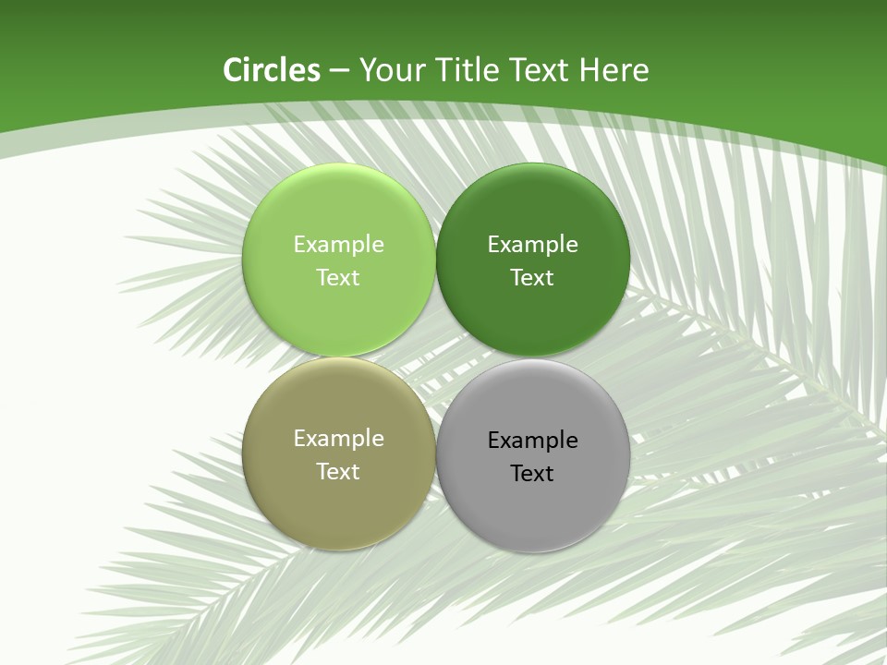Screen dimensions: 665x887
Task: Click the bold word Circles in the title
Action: (x=272, y=70)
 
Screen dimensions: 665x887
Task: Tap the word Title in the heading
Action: (x=465, y=70)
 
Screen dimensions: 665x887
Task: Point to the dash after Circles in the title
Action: (x=339, y=71)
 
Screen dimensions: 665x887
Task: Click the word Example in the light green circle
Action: (x=338, y=245)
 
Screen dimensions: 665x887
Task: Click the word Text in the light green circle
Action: (x=338, y=278)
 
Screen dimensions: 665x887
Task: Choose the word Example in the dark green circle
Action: (x=532, y=245)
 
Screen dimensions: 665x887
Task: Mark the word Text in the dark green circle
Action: (x=532, y=278)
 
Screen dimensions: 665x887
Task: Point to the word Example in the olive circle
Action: (x=338, y=439)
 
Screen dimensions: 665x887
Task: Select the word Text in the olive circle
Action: (x=338, y=472)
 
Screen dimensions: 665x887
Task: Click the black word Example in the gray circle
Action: (x=532, y=441)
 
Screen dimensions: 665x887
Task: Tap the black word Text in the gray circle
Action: (x=532, y=474)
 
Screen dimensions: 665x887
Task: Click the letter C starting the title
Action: (x=233, y=70)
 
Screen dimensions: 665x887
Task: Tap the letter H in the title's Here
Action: (x=588, y=70)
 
